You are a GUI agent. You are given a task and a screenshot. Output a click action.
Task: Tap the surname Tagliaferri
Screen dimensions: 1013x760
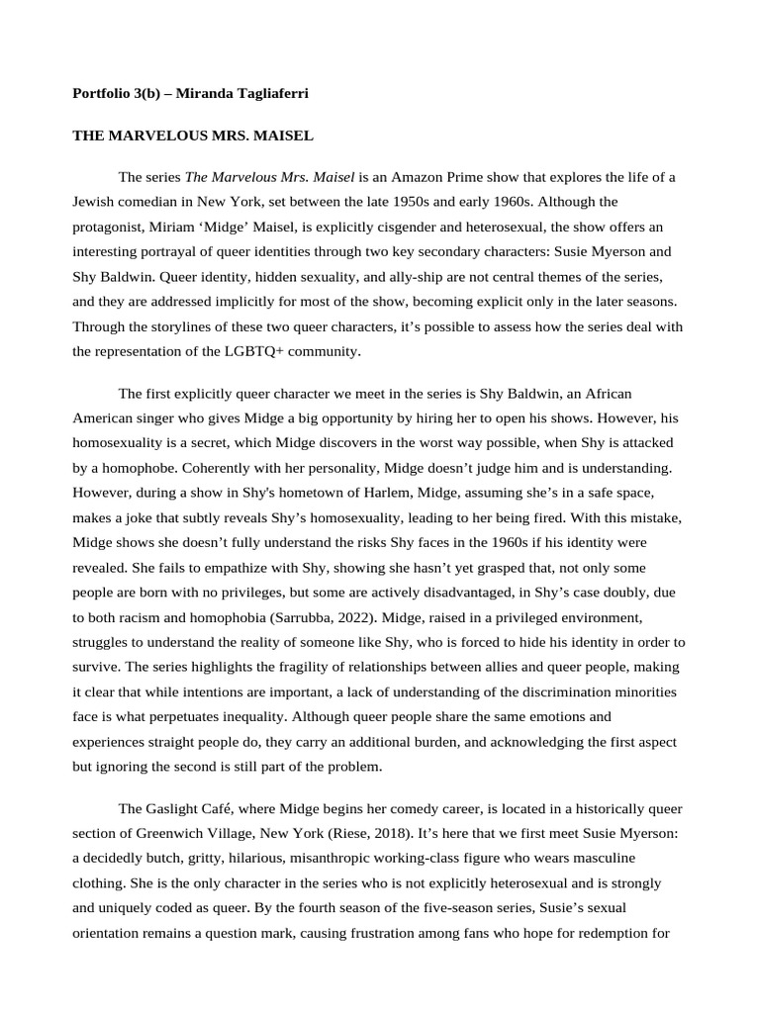(x=270, y=93)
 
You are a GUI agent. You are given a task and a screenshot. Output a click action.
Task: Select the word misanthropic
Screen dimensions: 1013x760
(x=331, y=858)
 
